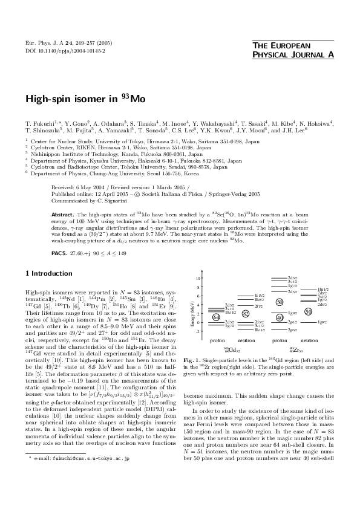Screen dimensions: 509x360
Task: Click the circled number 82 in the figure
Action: pyautogui.click(x=245, y=313)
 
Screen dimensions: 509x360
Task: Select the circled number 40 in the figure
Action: pyautogui.click(x=280, y=317)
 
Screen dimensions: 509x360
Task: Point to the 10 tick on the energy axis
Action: pyautogui.click(x=198, y=278)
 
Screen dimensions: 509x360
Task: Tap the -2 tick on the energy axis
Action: pyautogui.click(x=198, y=331)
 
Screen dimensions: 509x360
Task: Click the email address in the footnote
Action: pyautogui.click(x=82, y=493)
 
